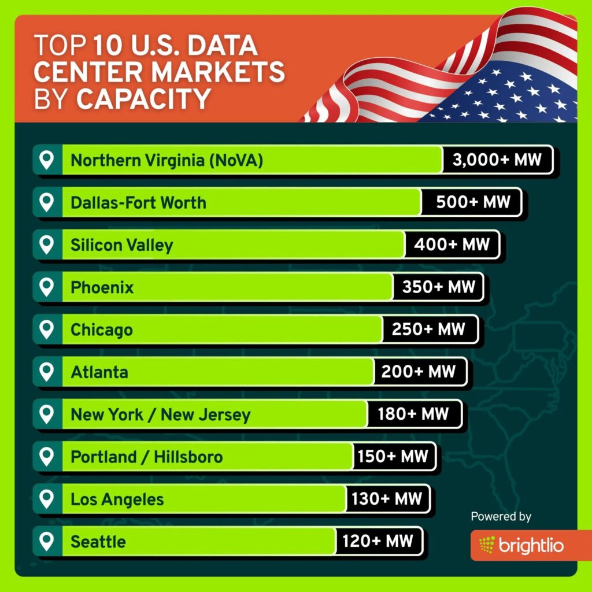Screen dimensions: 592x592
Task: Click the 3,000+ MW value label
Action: pyautogui.click(x=497, y=160)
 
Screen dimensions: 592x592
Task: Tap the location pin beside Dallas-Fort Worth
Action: pyautogui.click(x=46, y=202)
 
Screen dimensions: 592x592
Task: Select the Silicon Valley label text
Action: pyautogui.click(x=121, y=245)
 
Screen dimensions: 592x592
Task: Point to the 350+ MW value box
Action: pyautogui.click(x=438, y=287)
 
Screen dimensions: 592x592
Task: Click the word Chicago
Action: pyautogui.click(x=102, y=330)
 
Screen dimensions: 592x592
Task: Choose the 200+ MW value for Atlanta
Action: pyautogui.click(x=419, y=372)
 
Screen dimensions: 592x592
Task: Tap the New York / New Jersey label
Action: pyautogui.click(x=161, y=415)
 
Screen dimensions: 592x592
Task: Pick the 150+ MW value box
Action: pyautogui.click(x=393, y=457)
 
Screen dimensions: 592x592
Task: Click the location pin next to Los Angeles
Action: pyautogui.click(x=46, y=499)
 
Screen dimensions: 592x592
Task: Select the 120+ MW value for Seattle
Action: pyautogui.click(x=378, y=542)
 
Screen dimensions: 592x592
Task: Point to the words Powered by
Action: pyautogui.click(x=501, y=516)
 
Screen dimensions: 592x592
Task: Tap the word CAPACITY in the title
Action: pyautogui.click(x=143, y=99)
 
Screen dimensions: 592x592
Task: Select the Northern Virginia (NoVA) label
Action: pyautogui.click(x=166, y=160)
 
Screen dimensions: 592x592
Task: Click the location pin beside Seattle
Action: pyautogui.click(x=46, y=541)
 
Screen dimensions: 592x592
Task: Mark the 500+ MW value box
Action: pyautogui.click(x=473, y=202)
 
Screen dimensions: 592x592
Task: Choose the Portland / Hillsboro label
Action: pyautogui.click(x=146, y=457)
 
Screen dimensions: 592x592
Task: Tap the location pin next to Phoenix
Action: pyautogui.click(x=46, y=287)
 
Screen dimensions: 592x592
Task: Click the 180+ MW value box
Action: pyautogui.click(x=413, y=415)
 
